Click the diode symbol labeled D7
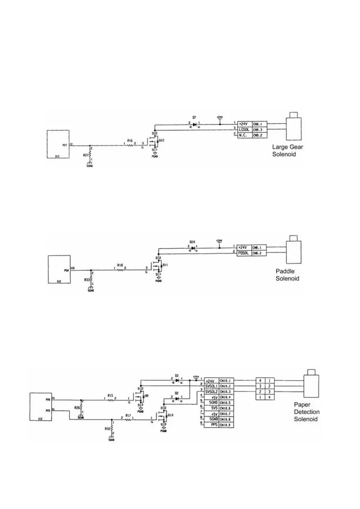[x=194, y=124]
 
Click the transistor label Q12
[x=162, y=140]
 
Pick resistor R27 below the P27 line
[x=90, y=155]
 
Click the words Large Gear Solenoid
[x=287, y=151]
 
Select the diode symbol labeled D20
[x=193, y=248]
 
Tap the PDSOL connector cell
[x=244, y=253]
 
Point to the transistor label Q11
[x=165, y=265]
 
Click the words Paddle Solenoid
[x=287, y=275]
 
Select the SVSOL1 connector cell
[x=211, y=386]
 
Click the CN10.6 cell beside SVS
[x=226, y=408]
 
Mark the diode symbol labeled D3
[x=177, y=380]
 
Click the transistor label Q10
[x=171, y=415]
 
